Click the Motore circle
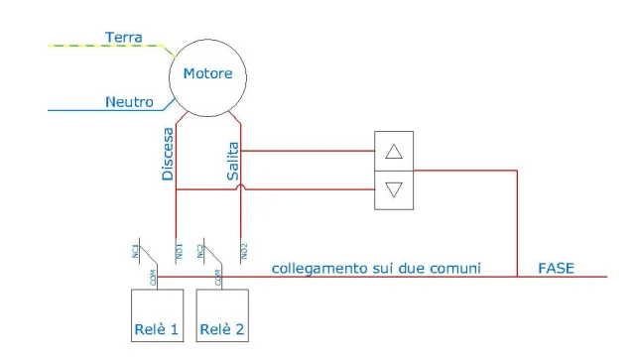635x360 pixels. tap(207, 73)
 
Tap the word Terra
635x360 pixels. tap(124, 38)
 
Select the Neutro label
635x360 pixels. tap(128, 101)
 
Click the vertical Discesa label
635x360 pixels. tap(168, 154)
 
